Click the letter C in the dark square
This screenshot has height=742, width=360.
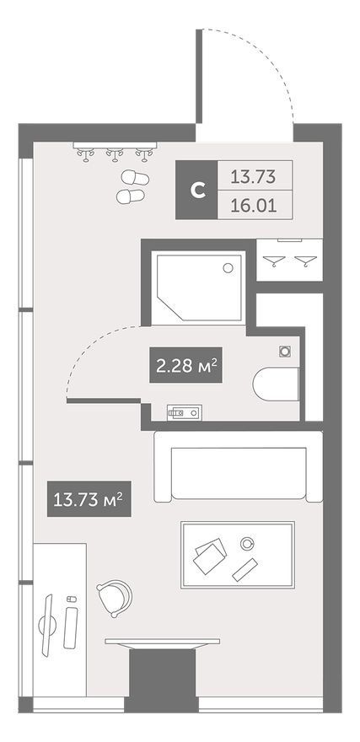[x=197, y=191]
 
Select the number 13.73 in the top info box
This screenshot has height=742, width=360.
[x=253, y=177]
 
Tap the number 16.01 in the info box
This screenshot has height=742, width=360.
[x=253, y=206]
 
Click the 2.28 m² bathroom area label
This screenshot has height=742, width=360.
[x=186, y=365]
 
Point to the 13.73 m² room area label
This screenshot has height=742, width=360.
[x=89, y=499]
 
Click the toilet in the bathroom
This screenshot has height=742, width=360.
[x=276, y=384]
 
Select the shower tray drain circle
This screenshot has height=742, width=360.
[x=228, y=268]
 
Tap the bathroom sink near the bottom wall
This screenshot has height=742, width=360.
[x=185, y=412]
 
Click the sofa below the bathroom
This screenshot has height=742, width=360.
[x=238, y=466]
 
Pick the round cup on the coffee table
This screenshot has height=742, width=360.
[x=247, y=544]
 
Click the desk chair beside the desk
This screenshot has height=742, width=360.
[x=114, y=598]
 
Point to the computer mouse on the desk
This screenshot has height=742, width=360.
[x=71, y=600]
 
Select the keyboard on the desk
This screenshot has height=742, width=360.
[x=71, y=627]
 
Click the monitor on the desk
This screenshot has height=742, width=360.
[x=47, y=625]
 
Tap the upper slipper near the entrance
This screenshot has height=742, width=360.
[x=135, y=178]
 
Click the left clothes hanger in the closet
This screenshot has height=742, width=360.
[x=274, y=260]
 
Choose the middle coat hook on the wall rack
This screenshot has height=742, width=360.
[x=115, y=154]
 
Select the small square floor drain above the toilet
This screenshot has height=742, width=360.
[x=285, y=351]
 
